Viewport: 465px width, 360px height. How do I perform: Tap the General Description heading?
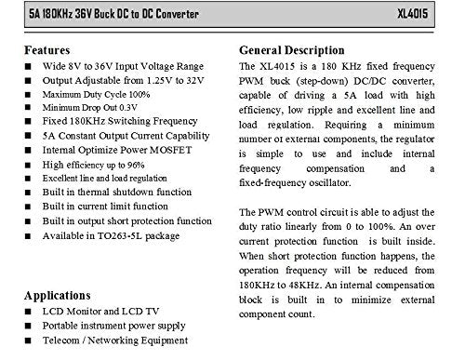click(x=299, y=49)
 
